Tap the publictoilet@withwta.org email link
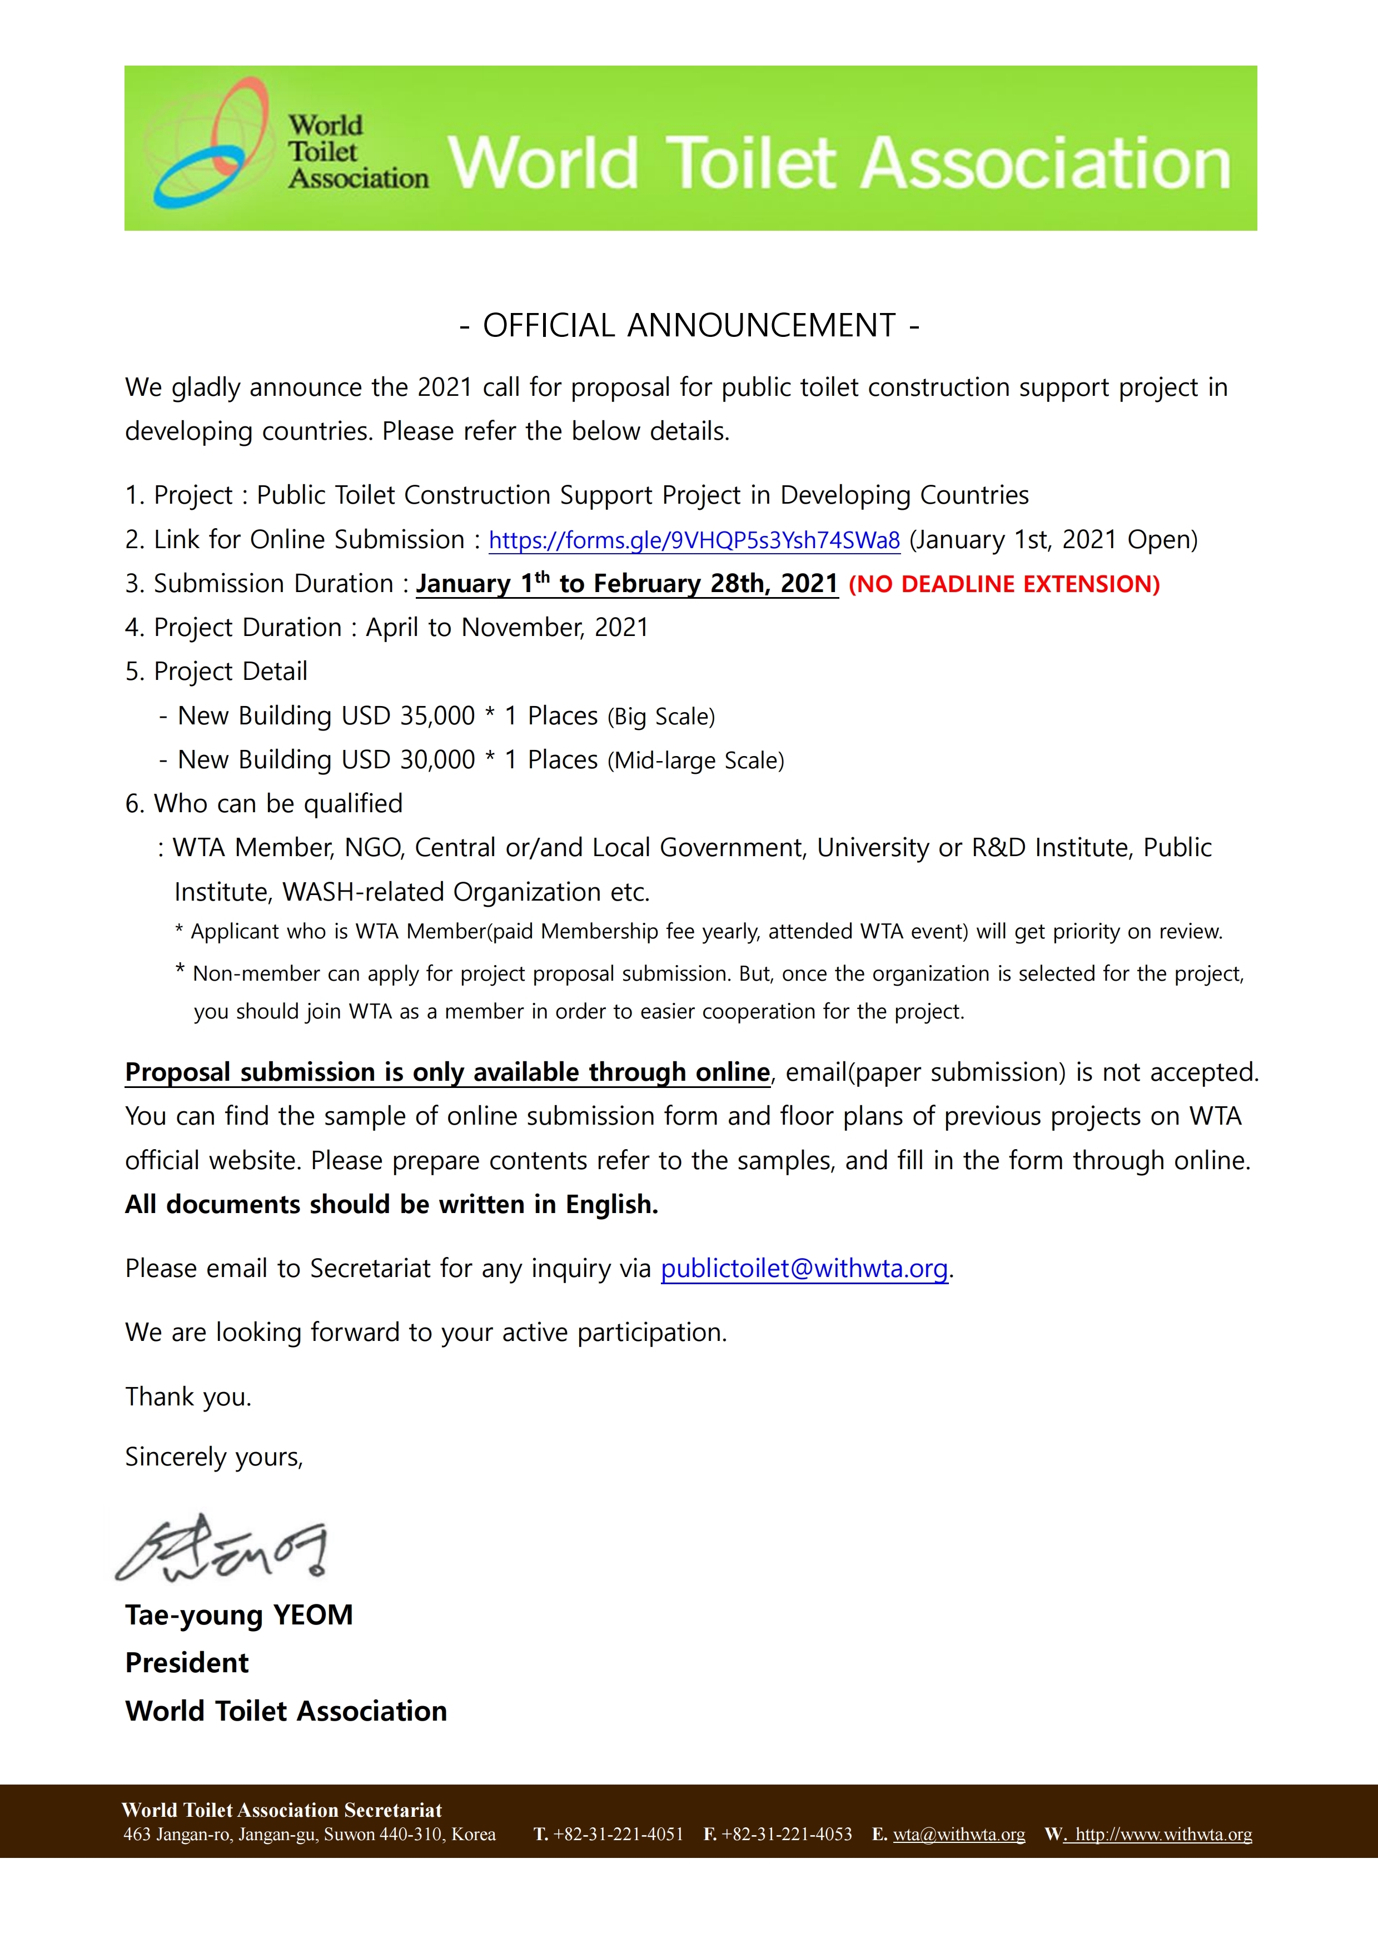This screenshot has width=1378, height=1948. [x=804, y=1269]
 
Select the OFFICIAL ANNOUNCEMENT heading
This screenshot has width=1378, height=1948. [x=689, y=326]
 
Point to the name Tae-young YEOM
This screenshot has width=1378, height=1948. [x=238, y=1614]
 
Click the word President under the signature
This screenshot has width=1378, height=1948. [x=187, y=1663]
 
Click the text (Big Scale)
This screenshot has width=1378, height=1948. [x=661, y=717]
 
